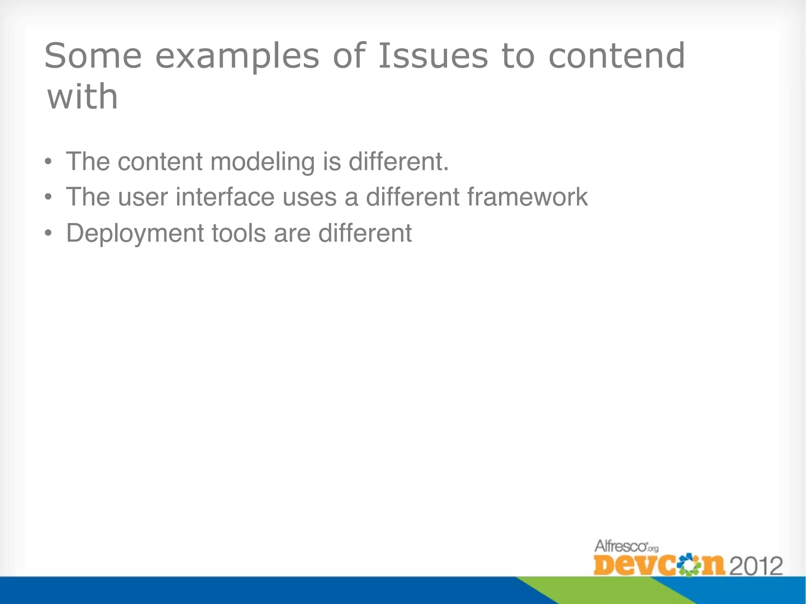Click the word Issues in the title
click(x=433, y=56)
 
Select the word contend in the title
click(x=617, y=56)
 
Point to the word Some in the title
click(x=93, y=56)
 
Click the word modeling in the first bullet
click(x=263, y=162)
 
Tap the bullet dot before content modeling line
click(x=48, y=162)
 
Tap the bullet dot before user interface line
click(x=48, y=197)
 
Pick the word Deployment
click(x=135, y=234)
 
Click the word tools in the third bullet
click(x=238, y=233)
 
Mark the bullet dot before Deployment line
click(x=48, y=234)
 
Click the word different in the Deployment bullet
click(x=365, y=233)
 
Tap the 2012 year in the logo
click(x=756, y=566)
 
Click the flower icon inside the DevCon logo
click(x=686, y=565)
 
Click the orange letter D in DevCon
click(x=605, y=565)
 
